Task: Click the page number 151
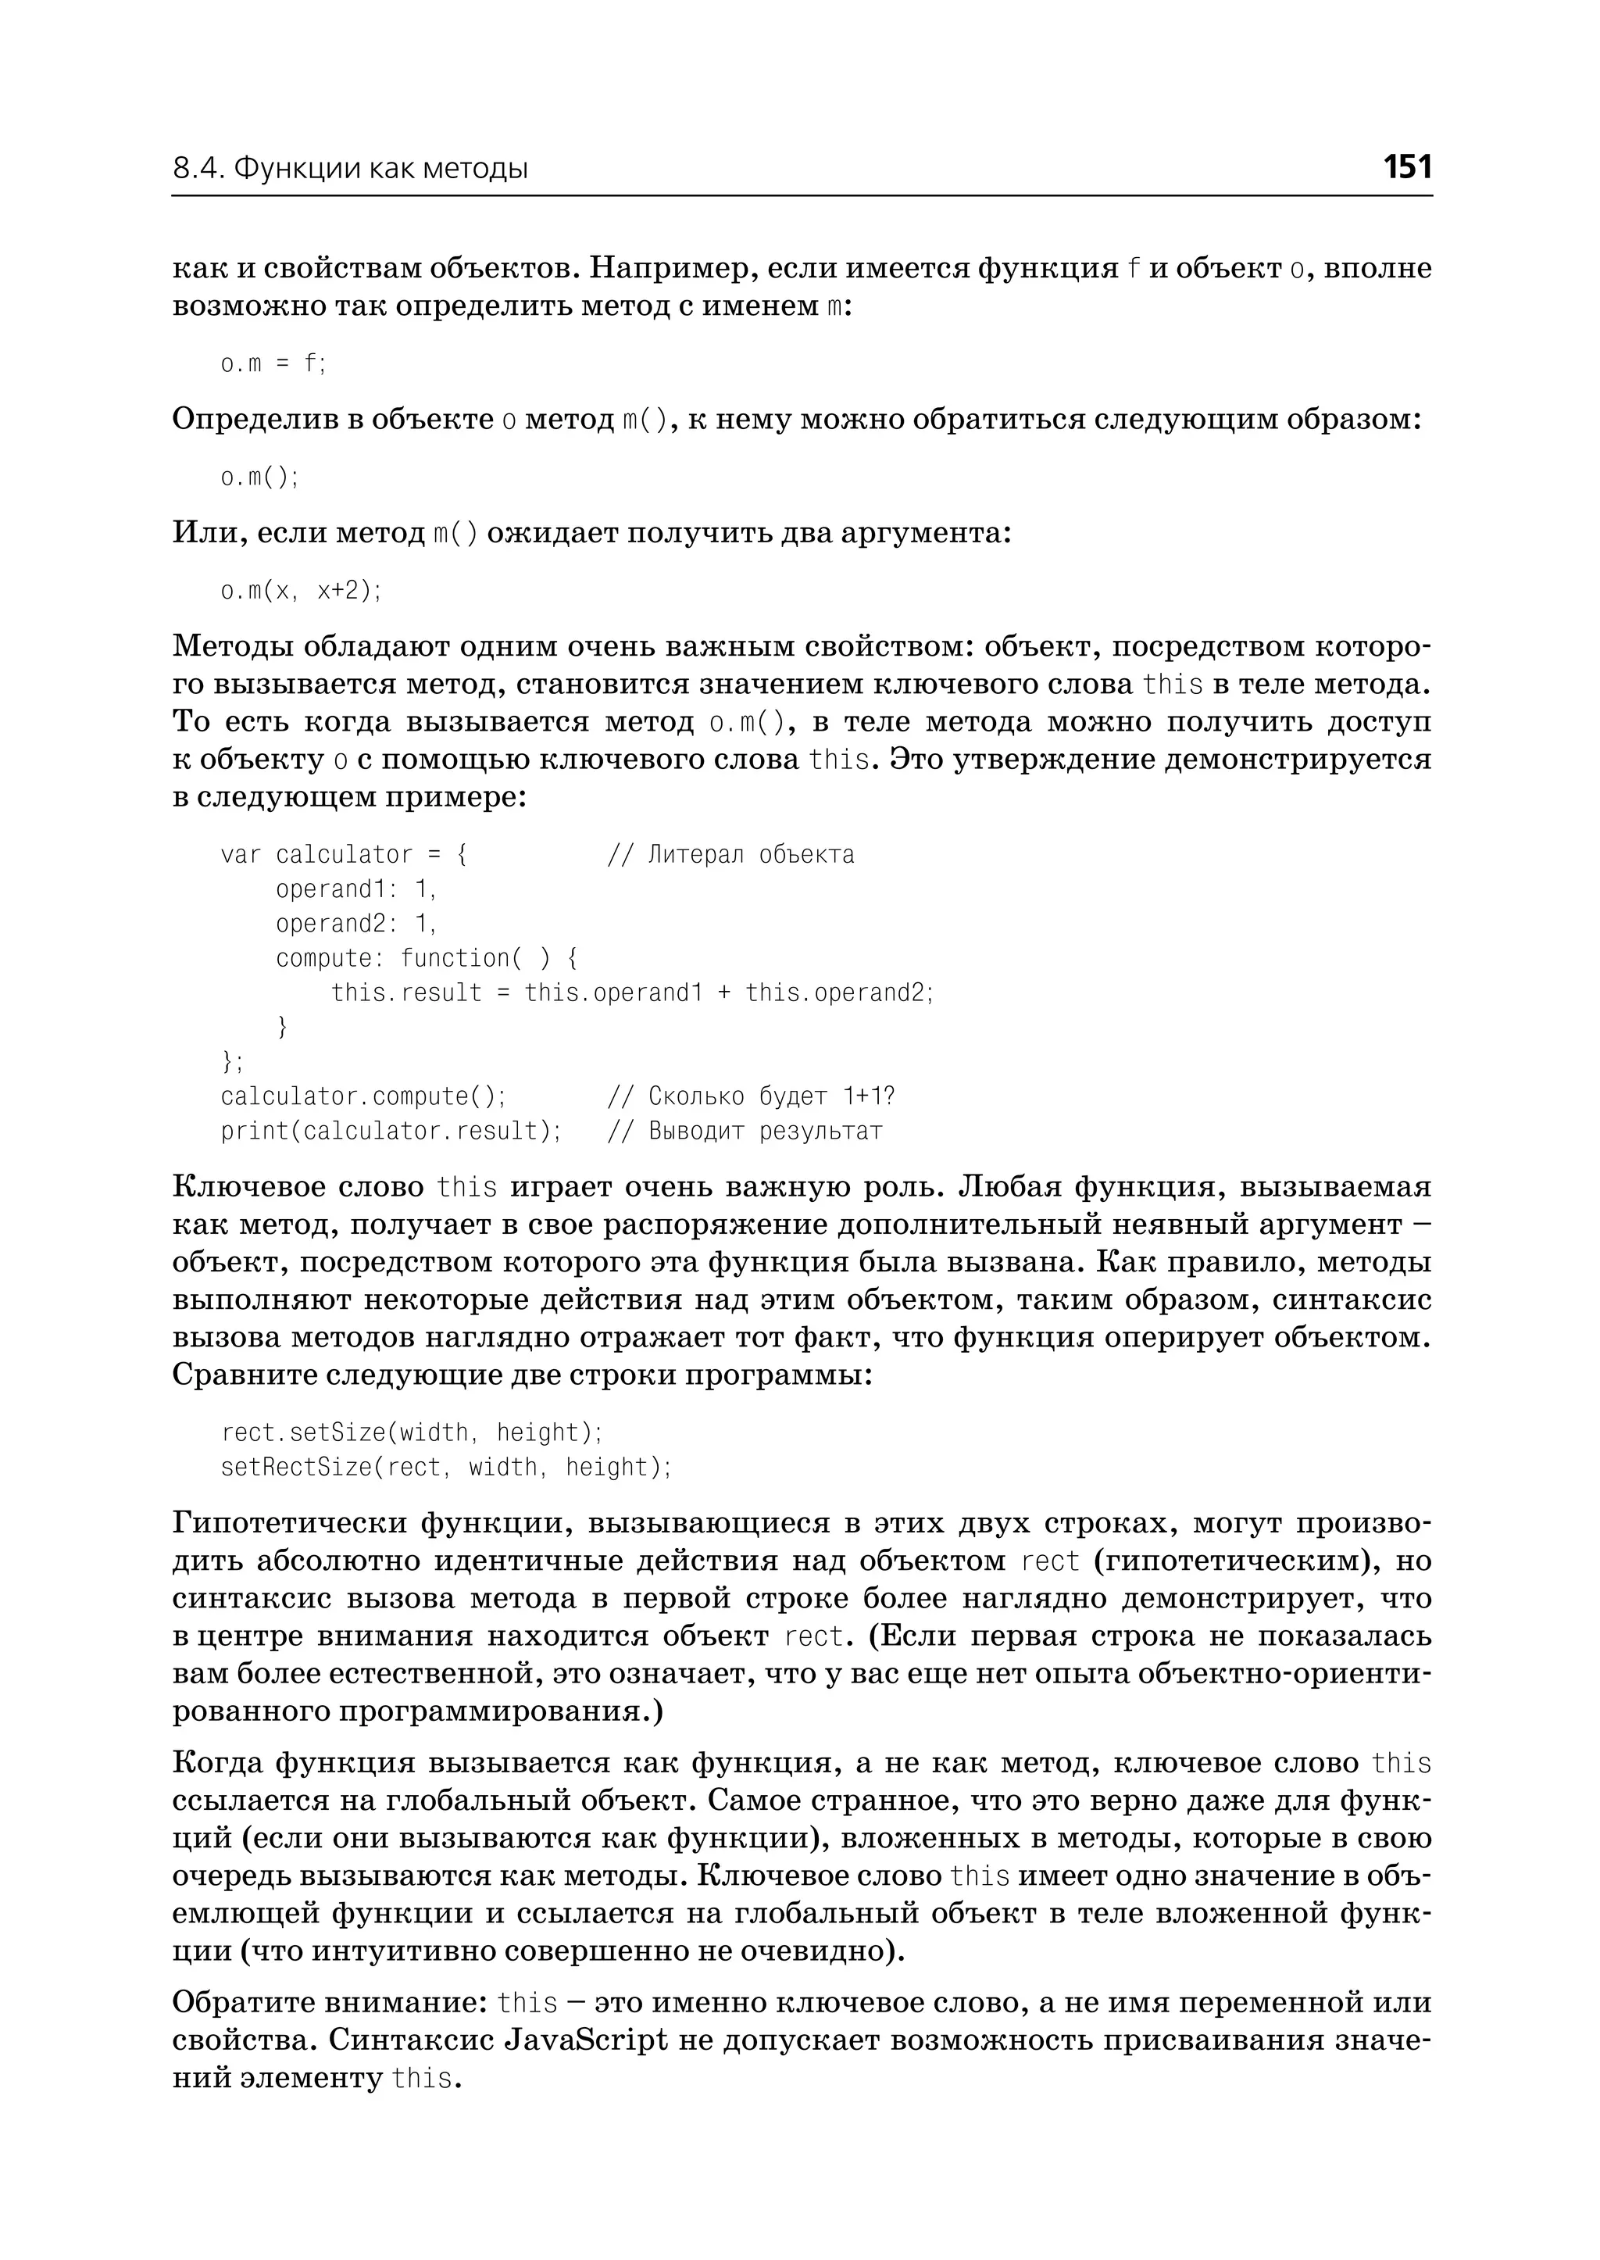pyautogui.click(x=1407, y=166)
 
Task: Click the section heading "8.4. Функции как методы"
pyautogui.click(x=351, y=170)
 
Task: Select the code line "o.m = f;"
pyautogui.click(x=272, y=363)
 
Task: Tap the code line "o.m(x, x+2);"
pyautogui.click(x=301, y=590)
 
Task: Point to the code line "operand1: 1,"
pyautogui.click(x=355, y=889)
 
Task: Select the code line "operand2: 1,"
pyautogui.click(x=355, y=924)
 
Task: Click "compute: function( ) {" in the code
pyautogui.click(x=427, y=958)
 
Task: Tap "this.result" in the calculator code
pyautogui.click(x=406, y=992)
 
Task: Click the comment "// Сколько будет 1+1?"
pyautogui.click(x=751, y=1096)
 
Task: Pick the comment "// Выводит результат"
pyautogui.click(x=745, y=1131)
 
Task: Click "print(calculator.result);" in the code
pyautogui.click(x=390, y=1131)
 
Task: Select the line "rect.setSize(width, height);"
pyautogui.click(x=412, y=1432)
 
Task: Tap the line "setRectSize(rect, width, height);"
pyautogui.click(x=445, y=1468)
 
